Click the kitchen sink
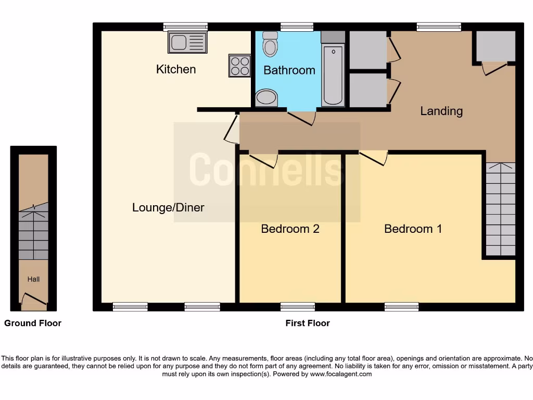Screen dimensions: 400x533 (x=187, y=42)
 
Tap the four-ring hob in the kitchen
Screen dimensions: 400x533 (x=239, y=66)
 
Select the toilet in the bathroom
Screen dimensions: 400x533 (x=270, y=45)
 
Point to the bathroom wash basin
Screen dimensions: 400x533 (x=266, y=97)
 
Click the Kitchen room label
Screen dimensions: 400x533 (x=176, y=69)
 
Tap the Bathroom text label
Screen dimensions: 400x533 (x=289, y=70)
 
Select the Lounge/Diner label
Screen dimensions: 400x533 (x=168, y=208)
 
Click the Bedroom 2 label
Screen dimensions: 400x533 (x=290, y=229)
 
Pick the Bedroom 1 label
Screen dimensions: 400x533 (x=413, y=229)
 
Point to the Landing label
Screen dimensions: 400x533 (x=441, y=111)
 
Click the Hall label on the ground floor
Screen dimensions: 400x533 (x=33, y=279)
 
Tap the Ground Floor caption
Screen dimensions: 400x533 (x=33, y=323)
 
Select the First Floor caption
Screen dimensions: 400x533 (x=308, y=323)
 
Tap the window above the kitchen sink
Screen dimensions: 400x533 (x=185, y=27)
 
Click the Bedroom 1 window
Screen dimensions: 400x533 (x=401, y=307)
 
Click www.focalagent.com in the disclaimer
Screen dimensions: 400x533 (x=341, y=374)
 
